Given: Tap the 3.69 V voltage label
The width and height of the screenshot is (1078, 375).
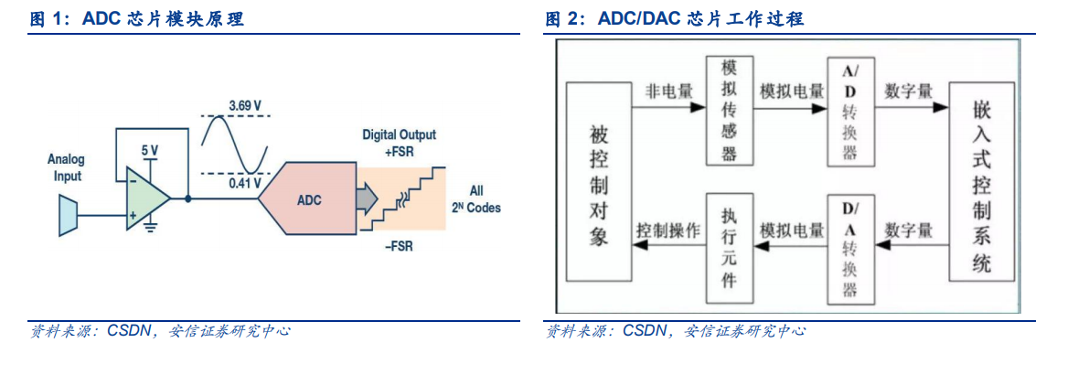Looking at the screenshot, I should (x=244, y=105).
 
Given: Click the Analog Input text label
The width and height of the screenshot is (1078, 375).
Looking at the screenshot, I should (x=65, y=168).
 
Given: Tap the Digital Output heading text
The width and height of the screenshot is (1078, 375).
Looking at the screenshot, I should (x=399, y=134).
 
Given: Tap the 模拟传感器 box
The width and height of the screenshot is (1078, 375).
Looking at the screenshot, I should (x=729, y=110).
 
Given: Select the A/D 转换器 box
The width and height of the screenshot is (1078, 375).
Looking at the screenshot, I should (x=850, y=110).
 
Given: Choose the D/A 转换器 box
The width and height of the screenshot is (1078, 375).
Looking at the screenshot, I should (x=850, y=249).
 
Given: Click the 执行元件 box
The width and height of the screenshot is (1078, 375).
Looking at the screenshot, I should (x=729, y=249).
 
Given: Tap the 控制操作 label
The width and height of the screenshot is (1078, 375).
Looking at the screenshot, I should (x=668, y=230).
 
